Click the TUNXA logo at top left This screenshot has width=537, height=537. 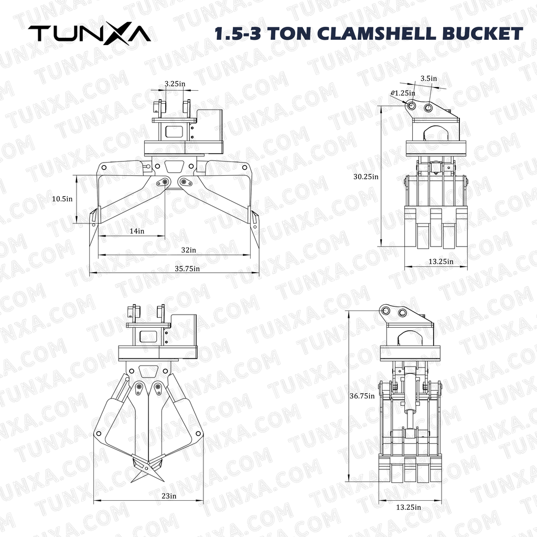click(x=89, y=33)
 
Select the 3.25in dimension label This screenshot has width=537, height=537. click(x=175, y=83)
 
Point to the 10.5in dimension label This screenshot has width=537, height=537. click(x=62, y=199)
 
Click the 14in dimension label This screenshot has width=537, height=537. click(x=134, y=231)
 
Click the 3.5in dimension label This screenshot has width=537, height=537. click(x=428, y=79)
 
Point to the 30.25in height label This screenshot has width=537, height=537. click(x=366, y=177)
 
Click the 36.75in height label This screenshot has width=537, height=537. click(x=362, y=396)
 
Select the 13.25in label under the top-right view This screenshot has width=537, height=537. click(x=441, y=261)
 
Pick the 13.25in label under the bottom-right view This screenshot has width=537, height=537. click(x=408, y=507)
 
